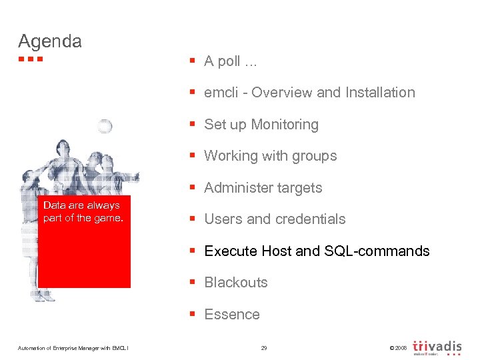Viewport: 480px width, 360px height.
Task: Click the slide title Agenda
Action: [50, 41]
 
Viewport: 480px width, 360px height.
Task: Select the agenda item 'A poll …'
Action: [230, 61]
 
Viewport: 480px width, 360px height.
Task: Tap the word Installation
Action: [380, 93]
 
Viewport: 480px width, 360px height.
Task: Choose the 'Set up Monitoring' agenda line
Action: [261, 125]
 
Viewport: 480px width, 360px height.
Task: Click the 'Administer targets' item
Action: [263, 188]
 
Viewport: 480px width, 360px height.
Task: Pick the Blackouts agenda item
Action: [235, 283]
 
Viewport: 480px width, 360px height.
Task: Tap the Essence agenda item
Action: [231, 315]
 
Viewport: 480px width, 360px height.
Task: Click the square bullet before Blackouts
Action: [191, 283]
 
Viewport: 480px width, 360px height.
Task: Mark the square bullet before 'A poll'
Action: [191, 61]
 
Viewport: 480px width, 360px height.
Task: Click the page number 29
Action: [264, 347]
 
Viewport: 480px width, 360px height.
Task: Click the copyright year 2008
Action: [399, 348]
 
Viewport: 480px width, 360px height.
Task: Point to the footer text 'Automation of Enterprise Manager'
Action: [67, 348]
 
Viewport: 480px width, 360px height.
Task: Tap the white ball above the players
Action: [104, 126]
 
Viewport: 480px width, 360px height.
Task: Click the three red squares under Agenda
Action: [31, 59]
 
